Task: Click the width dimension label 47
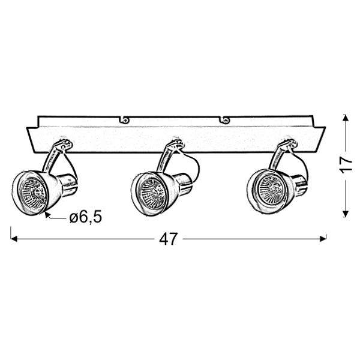pos(169,239)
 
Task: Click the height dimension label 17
pos(346,164)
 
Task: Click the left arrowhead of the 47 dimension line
pos(14,239)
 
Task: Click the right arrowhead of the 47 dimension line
pos(323,239)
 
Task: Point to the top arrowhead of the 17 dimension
pos(346,118)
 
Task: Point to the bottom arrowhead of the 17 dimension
pos(346,214)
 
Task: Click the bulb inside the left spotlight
pos(32,193)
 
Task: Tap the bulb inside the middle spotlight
pos(152,193)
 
